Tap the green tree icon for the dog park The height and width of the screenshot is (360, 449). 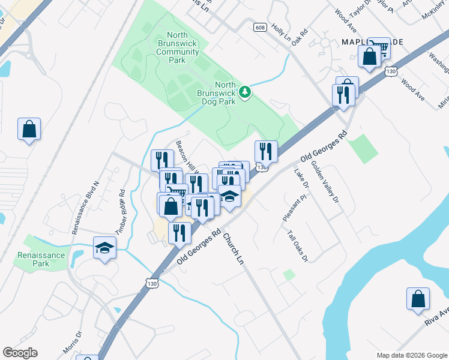click(244, 92)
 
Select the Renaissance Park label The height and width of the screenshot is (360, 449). click(33, 259)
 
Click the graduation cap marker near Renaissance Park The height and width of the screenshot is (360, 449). click(105, 248)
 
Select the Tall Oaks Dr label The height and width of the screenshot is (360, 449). click(297, 247)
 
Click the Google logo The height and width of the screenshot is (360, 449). click(20, 353)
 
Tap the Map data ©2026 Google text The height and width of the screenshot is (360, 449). click(411, 355)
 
